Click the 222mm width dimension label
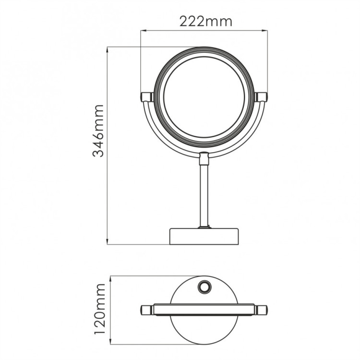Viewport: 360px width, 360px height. pyautogui.click(x=205, y=21)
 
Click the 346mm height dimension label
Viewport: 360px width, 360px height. pyautogui.click(x=98, y=130)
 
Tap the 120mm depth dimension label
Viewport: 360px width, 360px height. pyautogui.click(x=100, y=308)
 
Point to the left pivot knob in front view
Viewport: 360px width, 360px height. pyautogui.click(x=146, y=97)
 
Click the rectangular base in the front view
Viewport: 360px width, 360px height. pyautogui.click(x=204, y=236)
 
